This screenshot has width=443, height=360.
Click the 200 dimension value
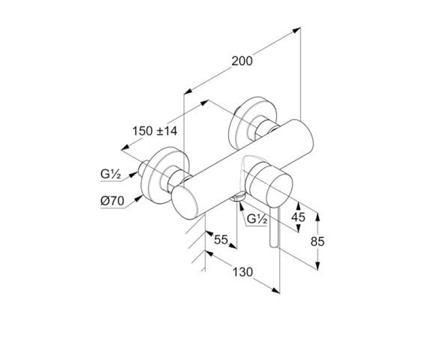pos(242,61)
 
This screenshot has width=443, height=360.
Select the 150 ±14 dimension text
pos(154,131)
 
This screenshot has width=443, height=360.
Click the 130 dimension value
pos(243,272)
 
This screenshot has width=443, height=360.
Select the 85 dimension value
pos(317,241)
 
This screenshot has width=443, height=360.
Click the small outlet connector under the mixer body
pos(239,197)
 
